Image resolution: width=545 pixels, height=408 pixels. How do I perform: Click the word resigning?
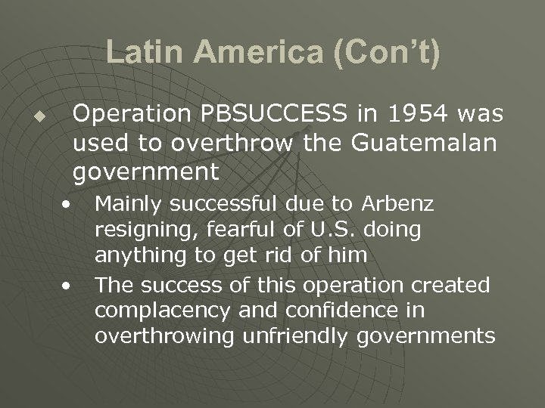point(140,230)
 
